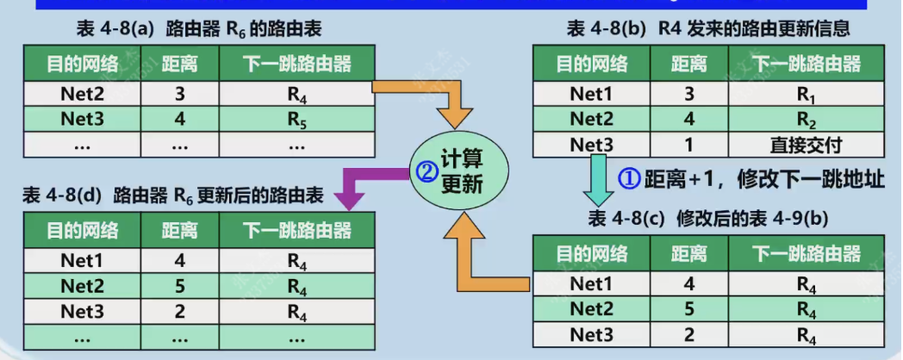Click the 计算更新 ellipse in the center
coord(459,172)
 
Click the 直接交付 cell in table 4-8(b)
coord(806,146)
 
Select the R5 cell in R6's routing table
coord(296,120)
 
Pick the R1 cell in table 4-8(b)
coord(806,95)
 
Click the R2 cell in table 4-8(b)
coord(806,120)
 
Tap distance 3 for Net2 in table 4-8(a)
coord(180,95)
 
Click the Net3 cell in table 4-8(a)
coord(82,120)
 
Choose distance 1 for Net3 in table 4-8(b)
coord(688,146)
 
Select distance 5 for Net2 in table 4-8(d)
coord(180,286)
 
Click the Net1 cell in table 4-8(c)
coord(591,284)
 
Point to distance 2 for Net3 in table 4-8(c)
coord(688,335)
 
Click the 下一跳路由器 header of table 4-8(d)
coord(296,231)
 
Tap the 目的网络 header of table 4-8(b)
coord(591,64)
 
